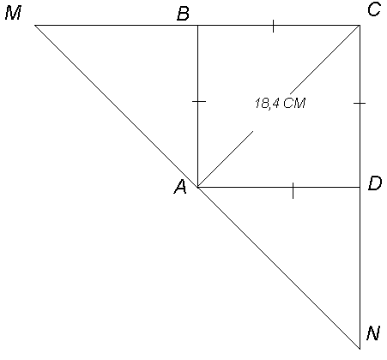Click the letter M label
(14, 14)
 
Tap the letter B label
(183, 14)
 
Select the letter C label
(374, 9)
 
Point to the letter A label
(180, 188)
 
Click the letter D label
(375, 183)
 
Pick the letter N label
(373, 333)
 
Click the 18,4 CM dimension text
(280, 103)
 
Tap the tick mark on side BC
(273, 26)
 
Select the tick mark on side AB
(199, 101)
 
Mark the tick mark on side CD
(360, 103)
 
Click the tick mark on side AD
(293, 191)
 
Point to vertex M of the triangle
(35, 25)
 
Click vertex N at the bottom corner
(360, 349)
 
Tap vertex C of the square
(360, 25)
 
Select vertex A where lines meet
(197, 187)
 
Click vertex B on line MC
(197, 25)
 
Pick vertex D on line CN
(360, 187)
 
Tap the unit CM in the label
(295, 103)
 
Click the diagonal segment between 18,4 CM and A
(226, 159)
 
